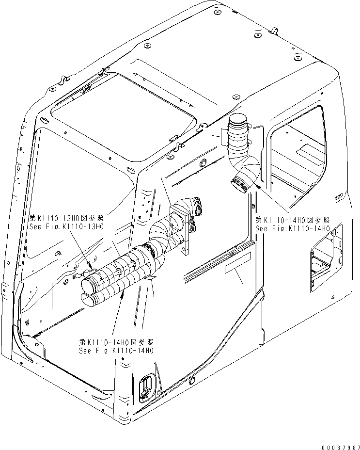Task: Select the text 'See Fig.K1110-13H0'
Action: [x=66, y=225]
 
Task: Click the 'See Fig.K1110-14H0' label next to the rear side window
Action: [x=293, y=228]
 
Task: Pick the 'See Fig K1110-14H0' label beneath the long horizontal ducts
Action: [x=116, y=351]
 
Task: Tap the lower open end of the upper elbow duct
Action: [x=240, y=184]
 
